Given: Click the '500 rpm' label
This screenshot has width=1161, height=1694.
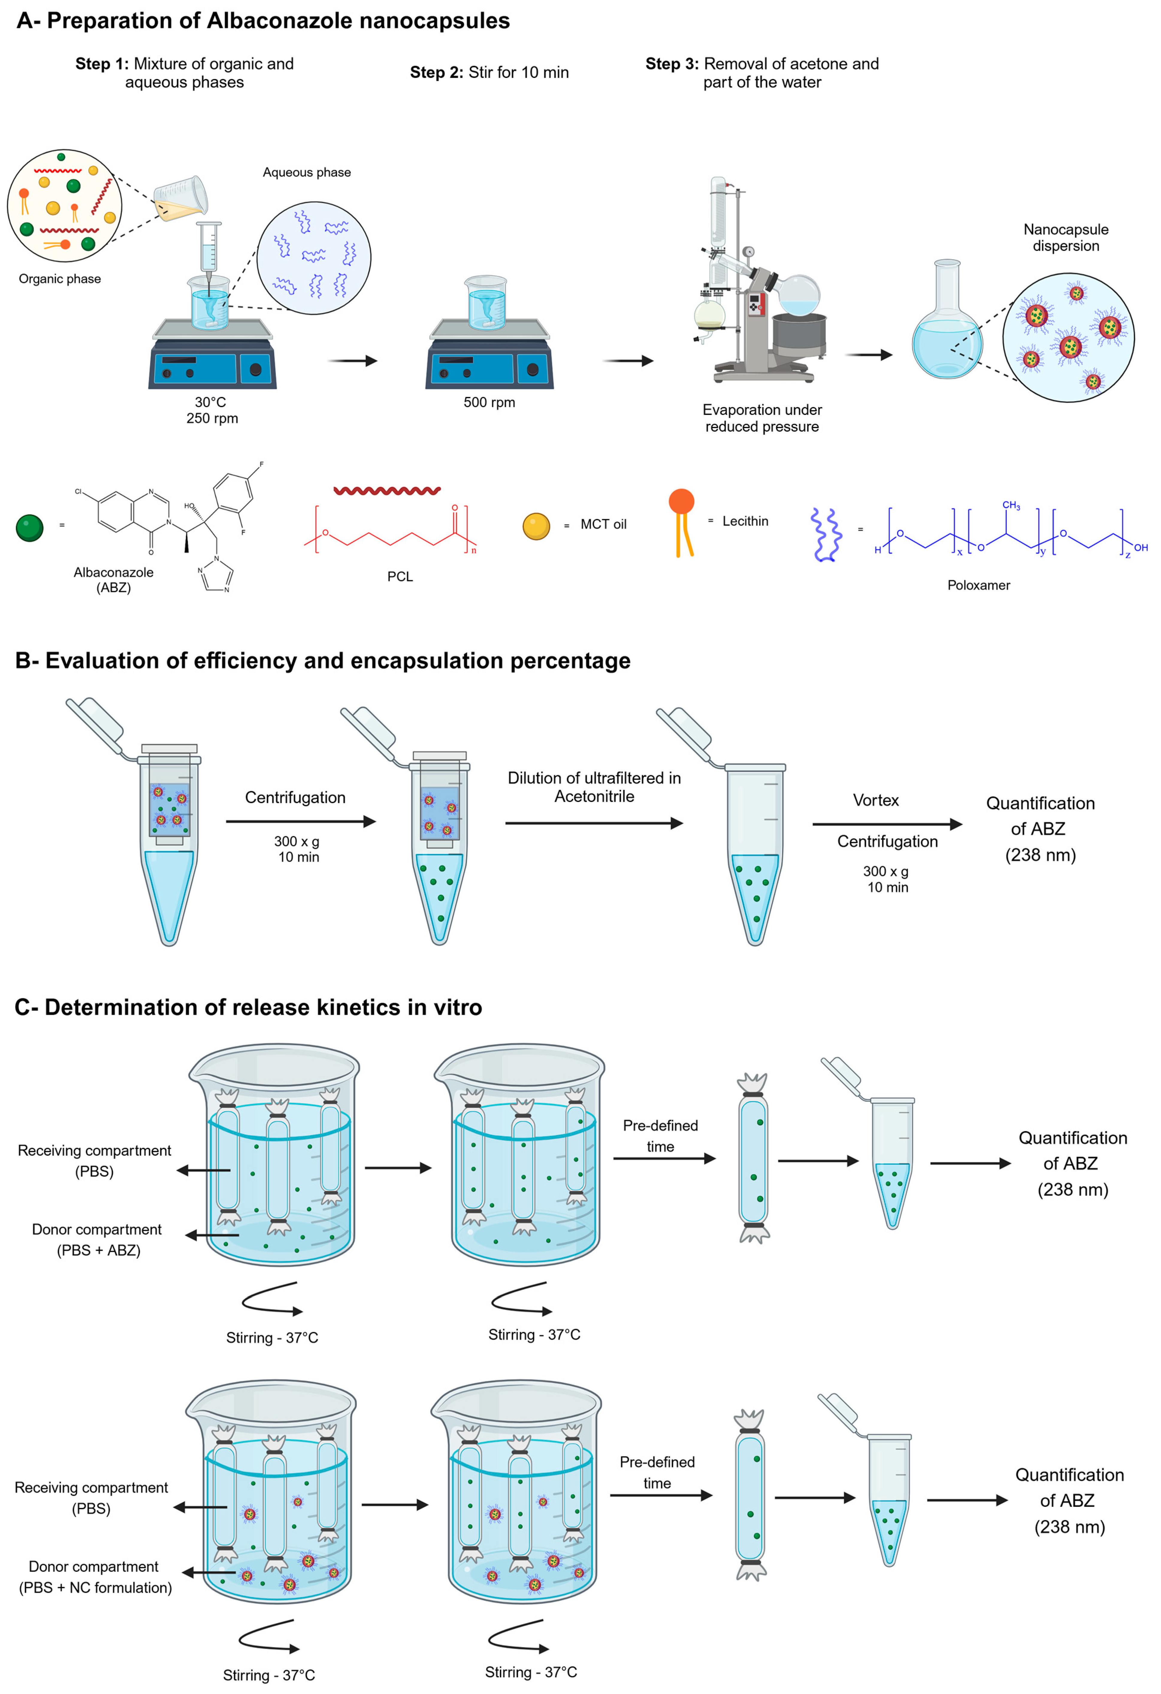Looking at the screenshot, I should click(x=489, y=402).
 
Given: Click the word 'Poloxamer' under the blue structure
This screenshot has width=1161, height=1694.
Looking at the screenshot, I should click(x=978, y=585).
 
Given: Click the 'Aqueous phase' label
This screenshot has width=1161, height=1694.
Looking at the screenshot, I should click(x=307, y=172).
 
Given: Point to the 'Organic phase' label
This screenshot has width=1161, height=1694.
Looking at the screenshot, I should click(x=60, y=279).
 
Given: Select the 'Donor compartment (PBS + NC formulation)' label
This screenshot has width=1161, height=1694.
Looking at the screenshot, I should click(x=95, y=1577).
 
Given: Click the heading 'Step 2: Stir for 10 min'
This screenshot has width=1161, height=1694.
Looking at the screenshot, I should click(x=489, y=72).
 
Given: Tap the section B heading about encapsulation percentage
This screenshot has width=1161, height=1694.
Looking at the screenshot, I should click(x=323, y=661).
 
